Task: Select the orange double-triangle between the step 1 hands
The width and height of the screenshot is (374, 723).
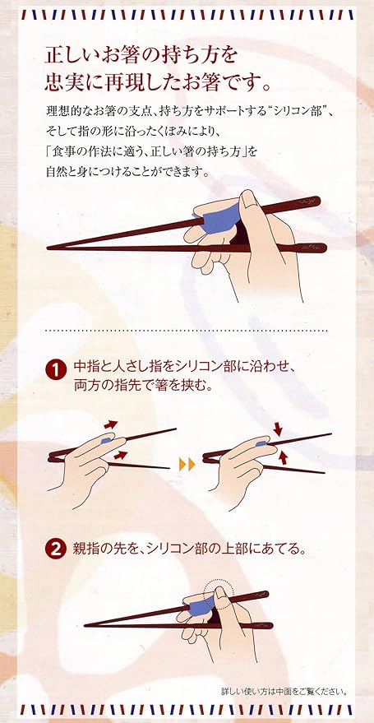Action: pos(187,465)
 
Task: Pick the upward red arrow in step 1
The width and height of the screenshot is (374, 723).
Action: pos(283,457)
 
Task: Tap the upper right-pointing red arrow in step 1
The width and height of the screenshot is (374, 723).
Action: pos(109,424)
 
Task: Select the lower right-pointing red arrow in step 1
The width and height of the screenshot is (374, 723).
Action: pos(120,455)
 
